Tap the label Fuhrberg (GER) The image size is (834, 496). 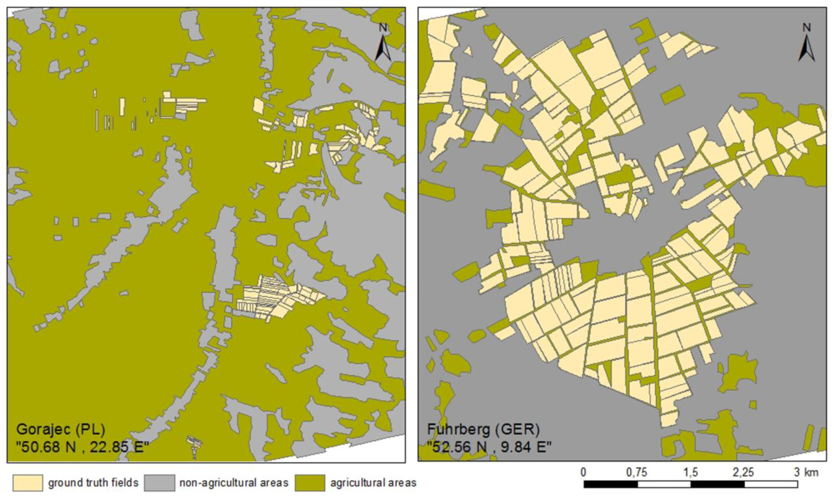[483, 429]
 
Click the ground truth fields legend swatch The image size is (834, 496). [28, 483]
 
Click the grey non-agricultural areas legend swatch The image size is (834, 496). [160, 483]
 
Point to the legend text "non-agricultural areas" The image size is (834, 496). [234, 483]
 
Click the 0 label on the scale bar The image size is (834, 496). [583, 472]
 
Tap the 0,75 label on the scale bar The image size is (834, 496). [636, 472]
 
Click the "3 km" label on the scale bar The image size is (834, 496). [806, 472]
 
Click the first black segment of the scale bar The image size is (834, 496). [611, 484]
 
